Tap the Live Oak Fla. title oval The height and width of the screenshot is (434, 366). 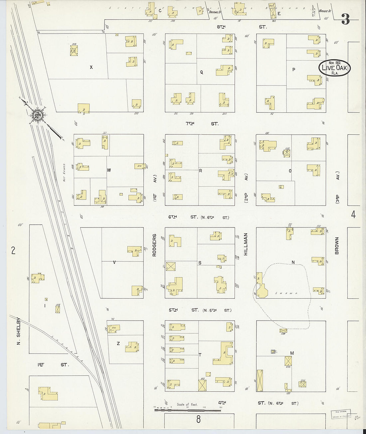[334, 68]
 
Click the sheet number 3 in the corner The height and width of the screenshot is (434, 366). [345, 20]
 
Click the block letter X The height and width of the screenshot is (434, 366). [91, 67]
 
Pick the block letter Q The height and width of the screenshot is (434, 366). [201, 72]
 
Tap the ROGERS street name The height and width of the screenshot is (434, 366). [154, 245]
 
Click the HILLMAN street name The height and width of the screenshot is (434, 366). [246, 244]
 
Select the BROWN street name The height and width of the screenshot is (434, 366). [337, 246]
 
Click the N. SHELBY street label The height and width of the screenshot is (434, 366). [19, 331]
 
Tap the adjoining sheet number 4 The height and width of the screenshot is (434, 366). [353, 215]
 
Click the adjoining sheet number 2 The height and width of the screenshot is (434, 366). [13, 250]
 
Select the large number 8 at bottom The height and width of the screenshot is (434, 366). [198, 419]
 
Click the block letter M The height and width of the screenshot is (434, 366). [292, 353]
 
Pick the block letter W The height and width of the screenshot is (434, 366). [109, 170]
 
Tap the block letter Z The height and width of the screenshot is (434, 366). [118, 344]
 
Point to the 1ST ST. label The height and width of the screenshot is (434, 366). [53, 365]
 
